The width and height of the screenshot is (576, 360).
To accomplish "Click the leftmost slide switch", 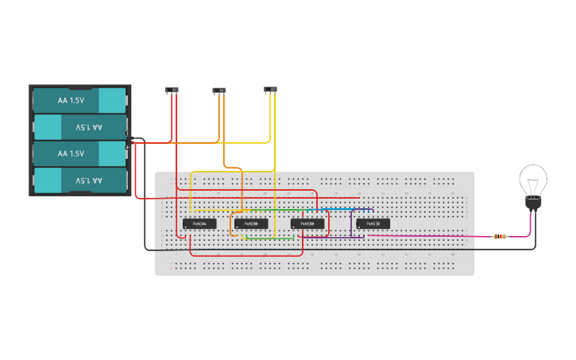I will point(171,90).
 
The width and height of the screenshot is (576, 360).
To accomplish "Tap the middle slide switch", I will point(219,91).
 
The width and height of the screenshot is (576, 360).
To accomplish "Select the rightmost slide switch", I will point(271,90).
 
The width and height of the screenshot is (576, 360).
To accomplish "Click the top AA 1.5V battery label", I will point(71,101).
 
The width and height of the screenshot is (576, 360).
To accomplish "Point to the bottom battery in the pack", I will point(79,180).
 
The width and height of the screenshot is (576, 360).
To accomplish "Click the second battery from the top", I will point(79,127).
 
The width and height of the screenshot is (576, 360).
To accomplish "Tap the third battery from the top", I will point(79,153).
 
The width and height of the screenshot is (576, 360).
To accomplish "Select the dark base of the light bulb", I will point(532,205).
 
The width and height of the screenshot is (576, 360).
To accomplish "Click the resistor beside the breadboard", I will point(499,236).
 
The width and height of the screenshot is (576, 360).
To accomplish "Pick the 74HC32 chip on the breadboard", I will point(373,223).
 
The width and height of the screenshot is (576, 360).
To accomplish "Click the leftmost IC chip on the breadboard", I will point(199,224).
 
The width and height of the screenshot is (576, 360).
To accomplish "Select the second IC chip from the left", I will point(251,224).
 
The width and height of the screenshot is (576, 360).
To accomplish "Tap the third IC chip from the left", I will point(307,224).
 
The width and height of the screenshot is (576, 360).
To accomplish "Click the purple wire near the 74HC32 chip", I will point(352,226).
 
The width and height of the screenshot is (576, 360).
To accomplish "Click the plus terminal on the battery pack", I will point(127,147).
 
